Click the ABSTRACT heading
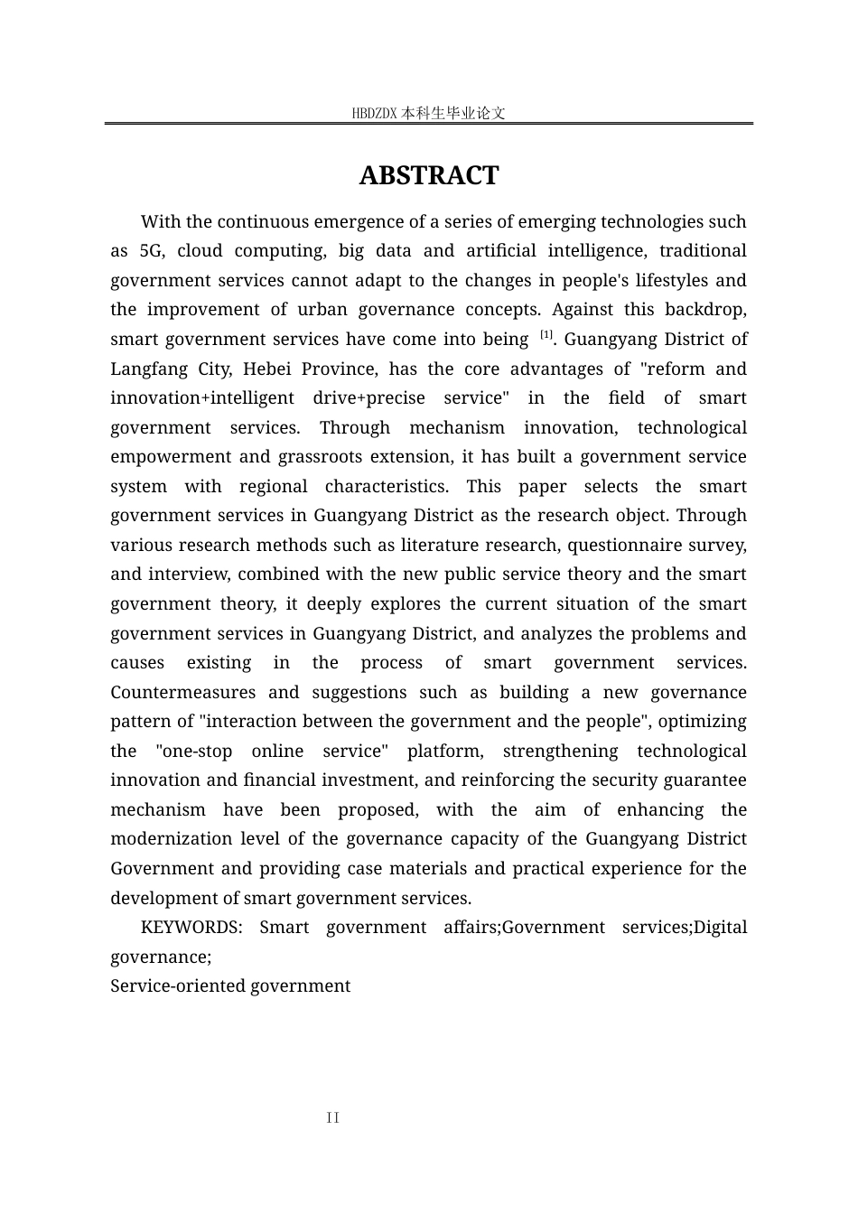(428, 175)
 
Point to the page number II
(333, 1118)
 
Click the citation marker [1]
(546, 335)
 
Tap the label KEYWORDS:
(191, 928)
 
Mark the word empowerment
(163, 457)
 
